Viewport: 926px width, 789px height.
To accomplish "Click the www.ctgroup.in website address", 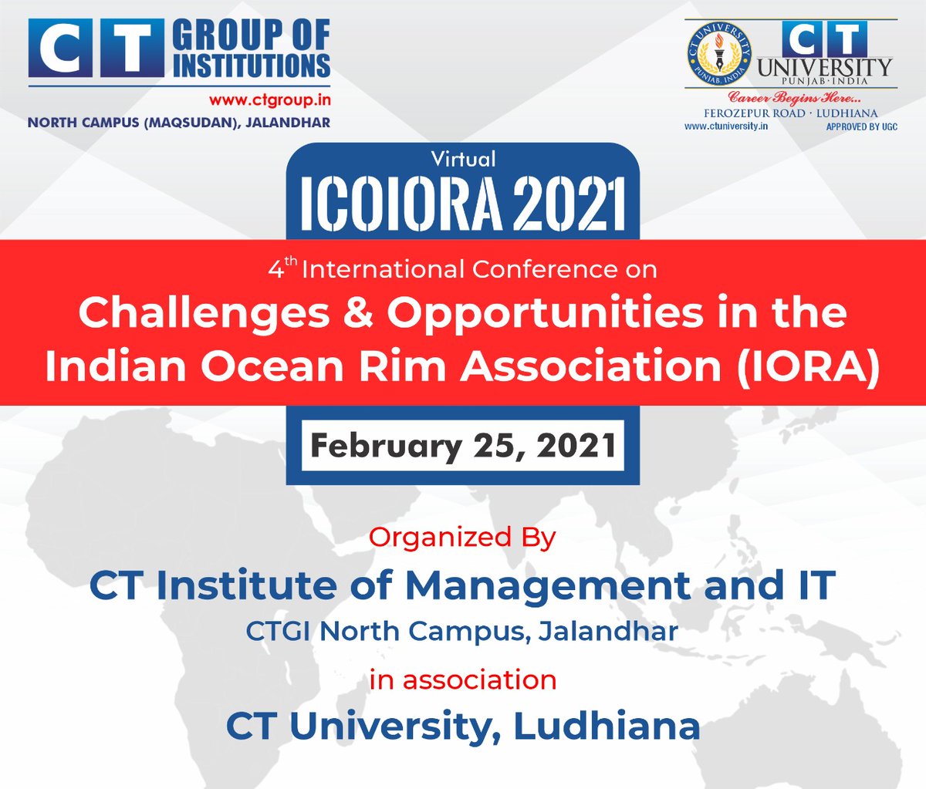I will click(269, 100).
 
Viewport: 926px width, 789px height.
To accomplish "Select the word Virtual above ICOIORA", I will click(463, 159).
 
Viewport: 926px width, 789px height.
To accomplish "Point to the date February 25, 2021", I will click(463, 446).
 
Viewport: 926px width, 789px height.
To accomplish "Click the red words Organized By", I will click(462, 537).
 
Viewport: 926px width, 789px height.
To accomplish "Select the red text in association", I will click(462, 679).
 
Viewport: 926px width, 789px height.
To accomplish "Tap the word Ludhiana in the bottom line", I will click(607, 726).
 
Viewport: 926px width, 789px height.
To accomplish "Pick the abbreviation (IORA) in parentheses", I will click(808, 366).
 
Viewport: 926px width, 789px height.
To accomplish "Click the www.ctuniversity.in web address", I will click(725, 126).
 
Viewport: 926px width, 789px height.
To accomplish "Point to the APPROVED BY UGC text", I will click(861, 126).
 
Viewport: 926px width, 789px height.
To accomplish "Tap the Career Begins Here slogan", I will click(795, 98).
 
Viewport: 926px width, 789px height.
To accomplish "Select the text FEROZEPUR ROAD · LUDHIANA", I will click(790, 113).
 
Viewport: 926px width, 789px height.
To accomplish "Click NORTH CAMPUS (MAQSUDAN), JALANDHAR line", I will click(179, 123).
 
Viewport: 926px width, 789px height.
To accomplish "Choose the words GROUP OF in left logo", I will click(252, 36).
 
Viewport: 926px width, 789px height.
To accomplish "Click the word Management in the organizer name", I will click(549, 585).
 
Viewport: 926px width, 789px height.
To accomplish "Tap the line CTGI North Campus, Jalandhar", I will click(462, 631).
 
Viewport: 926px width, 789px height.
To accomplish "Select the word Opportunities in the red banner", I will click(545, 313).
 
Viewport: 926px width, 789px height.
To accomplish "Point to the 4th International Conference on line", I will click(463, 269).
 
